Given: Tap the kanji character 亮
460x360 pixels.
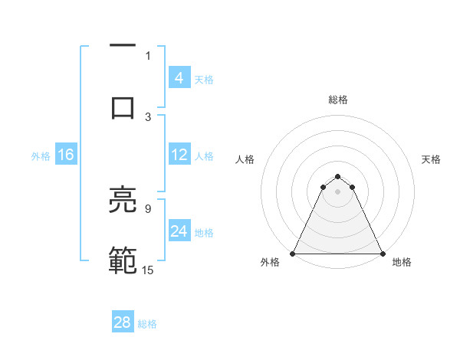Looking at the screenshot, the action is (x=123, y=201).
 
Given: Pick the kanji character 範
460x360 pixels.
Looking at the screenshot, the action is (x=123, y=260).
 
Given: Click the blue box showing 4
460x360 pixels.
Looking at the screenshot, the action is (x=179, y=77).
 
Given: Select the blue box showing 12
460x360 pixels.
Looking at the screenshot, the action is (x=179, y=155).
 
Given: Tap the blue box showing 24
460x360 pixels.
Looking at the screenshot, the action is (x=179, y=231).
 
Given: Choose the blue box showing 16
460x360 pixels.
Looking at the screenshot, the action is (x=65, y=155).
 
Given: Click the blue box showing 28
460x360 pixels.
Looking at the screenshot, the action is (x=123, y=322).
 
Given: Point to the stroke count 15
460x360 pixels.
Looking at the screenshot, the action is (x=147, y=270).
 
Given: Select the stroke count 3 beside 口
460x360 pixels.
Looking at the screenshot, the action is (x=148, y=116).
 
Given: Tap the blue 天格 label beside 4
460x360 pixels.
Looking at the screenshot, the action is (x=204, y=79).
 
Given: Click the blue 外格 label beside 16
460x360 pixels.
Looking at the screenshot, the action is (x=41, y=156).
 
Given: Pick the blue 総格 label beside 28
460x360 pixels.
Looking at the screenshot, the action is (x=147, y=324).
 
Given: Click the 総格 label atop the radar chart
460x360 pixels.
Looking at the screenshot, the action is (x=337, y=100).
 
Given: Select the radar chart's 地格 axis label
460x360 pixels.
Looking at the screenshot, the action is (x=402, y=262).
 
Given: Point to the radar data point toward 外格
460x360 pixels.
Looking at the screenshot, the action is (x=294, y=254).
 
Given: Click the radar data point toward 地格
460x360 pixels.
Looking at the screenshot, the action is (x=382, y=254).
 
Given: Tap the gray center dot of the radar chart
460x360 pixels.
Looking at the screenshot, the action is (x=337, y=191).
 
